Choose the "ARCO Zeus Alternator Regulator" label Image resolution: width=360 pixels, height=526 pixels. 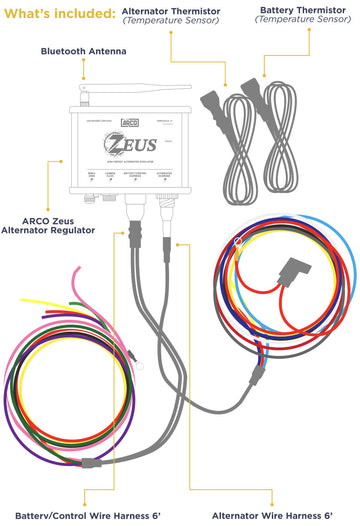[65, 222]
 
